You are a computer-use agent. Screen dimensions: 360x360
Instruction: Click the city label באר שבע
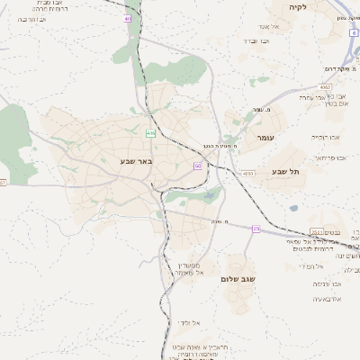137,161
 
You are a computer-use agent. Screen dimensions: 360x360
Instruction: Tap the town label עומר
267,138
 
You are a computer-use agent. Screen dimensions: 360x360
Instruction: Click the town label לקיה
297,7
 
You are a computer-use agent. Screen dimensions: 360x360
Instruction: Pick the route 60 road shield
197,166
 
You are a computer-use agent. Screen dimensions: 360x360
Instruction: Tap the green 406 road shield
150,133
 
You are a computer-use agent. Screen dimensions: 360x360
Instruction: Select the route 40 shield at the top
128,18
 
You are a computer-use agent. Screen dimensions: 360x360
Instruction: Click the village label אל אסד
269,26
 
